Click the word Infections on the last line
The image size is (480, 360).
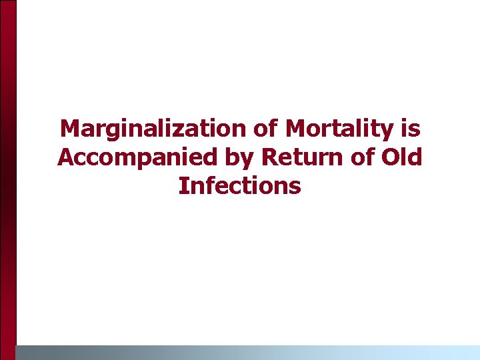[x=240, y=186]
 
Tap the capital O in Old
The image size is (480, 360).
[x=389, y=157]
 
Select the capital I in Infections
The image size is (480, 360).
[x=182, y=186]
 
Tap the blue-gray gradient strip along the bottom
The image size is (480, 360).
[x=247, y=352]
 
